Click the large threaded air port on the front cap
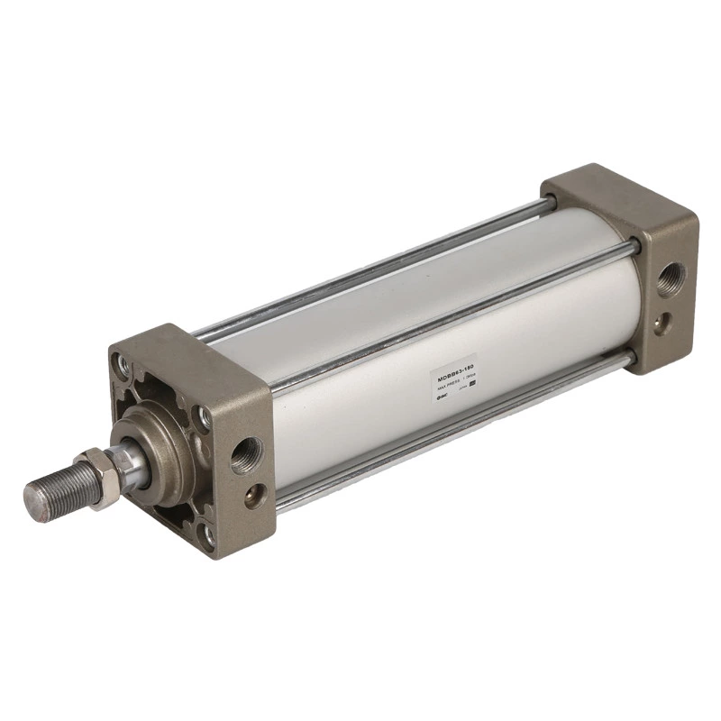pos(245,454)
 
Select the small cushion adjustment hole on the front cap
pos(255,494)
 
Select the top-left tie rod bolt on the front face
pos(120,364)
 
